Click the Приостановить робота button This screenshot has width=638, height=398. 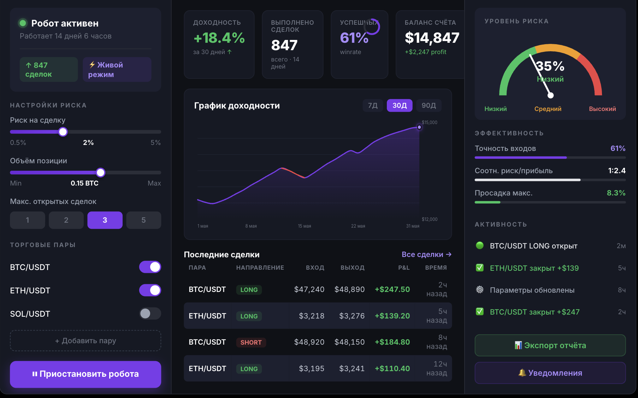tap(85, 374)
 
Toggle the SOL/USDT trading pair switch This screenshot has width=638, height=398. tap(150, 314)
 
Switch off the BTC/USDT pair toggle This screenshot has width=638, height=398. tap(150, 267)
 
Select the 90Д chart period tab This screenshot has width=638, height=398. tap(429, 105)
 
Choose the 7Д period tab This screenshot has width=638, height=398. tap(373, 105)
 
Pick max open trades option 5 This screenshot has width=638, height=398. tap(143, 220)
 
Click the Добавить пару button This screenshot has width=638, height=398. tap(85, 341)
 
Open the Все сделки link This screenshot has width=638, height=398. tap(426, 254)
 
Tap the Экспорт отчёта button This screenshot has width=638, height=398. tap(550, 345)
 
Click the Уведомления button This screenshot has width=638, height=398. tap(550, 373)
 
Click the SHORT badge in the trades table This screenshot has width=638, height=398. tap(251, 342)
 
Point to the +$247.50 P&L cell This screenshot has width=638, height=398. tap(392, 289)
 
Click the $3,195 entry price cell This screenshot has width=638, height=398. tap(312, 369)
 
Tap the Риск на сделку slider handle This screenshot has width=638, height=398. tap(63, 132)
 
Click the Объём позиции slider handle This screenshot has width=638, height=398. tap(101, 172)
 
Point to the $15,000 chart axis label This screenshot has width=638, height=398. tap(430, 123)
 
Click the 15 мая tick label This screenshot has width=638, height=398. tap(305, 226)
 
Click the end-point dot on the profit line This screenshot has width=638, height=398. tap(419, 127)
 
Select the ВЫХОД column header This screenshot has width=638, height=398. tap(353, 268)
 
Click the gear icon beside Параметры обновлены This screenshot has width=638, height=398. tap(480, 290)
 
